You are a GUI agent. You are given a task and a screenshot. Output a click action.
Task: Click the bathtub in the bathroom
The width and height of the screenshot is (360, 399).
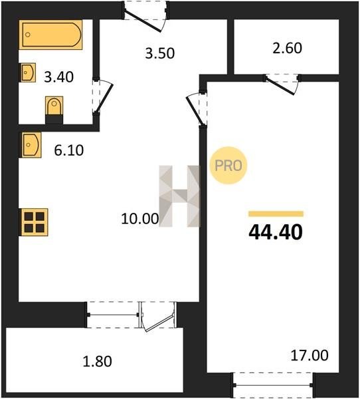point(51,35)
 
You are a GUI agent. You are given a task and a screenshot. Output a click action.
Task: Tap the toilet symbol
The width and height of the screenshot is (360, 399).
point(54,110)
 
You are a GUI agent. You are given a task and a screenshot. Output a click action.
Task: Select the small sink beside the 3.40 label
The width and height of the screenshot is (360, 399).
point(27,72)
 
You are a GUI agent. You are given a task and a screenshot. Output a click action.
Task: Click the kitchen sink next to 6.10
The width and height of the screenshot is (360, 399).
point(31,145)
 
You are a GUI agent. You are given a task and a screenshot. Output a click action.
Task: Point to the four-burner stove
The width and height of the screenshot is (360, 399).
point(34,222)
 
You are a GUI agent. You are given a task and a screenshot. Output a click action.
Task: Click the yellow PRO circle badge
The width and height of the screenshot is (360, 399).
point(228,166)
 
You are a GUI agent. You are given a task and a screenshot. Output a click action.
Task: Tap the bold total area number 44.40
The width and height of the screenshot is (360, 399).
point(276,233)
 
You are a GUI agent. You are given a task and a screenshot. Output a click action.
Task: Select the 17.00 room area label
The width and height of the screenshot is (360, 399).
point(309,356)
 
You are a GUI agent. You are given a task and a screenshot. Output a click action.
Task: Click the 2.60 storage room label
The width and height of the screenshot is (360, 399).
point(288,49)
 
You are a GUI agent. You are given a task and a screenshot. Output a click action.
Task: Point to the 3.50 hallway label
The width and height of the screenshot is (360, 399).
point(160,54)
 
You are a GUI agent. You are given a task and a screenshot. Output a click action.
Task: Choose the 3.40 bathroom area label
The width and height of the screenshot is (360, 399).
point(58,77)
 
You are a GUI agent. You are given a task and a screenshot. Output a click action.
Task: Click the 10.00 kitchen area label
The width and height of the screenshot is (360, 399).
point(140,219)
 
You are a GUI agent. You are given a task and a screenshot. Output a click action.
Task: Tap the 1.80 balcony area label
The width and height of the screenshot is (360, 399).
point(98,362)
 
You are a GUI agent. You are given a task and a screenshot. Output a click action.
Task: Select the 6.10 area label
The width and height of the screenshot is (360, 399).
point(69,150)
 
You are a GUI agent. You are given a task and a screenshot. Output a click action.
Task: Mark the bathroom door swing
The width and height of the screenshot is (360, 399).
point(102,96)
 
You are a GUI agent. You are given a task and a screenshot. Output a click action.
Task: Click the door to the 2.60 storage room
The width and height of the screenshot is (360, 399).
point(282,84)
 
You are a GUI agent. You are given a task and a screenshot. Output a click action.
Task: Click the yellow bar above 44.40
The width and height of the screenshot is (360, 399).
point(276,213)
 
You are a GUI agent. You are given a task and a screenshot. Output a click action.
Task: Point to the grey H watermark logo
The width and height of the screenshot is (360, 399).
point(179,196)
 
